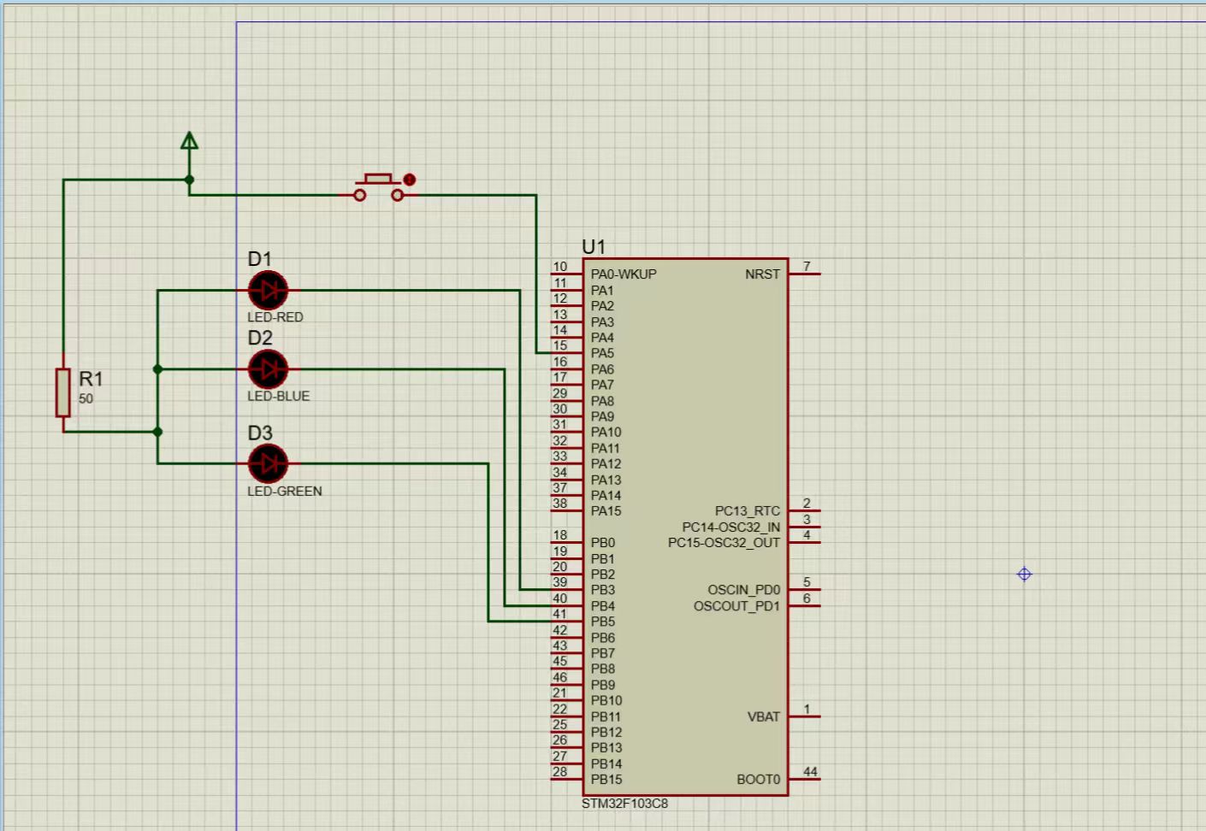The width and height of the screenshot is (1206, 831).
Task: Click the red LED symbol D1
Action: pyautogui.click(x=268, y=290)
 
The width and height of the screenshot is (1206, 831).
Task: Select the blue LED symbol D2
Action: pyautogui.click(x=268, y=369)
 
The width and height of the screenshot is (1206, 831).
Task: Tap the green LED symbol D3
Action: pyautogui.click(x=268, y=463)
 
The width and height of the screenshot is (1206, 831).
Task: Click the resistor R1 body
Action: pyautogui.click(x=63, y=393)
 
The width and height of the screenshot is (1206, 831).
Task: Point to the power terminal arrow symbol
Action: pyautogui.click(x=189, y=141)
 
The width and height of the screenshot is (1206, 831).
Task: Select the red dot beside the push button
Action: pyautogui.click(x=409, y=180)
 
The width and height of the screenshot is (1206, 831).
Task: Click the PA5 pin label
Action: pyautogui.click(x=602, y=354)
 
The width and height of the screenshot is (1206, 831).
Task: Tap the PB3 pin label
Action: pyautogui.click(x=602, y=590)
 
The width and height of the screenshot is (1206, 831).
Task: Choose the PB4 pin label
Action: pyautogui.click(x=602, y=606)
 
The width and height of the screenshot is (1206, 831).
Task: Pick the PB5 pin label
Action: pyautogui.click(x=602, y=622)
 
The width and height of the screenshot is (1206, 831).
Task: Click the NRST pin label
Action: pyautogui.click(x=762, y=274)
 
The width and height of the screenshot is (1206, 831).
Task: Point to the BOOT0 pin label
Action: pyautogui.click(x=758, y=780)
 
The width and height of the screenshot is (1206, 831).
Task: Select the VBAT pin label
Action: pyautogui.click(x=764, y=717)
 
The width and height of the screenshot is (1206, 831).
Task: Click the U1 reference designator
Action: pyautogui.click(x=594, y=247)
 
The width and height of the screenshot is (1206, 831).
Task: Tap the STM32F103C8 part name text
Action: pyautogui.click(x=624, y=804)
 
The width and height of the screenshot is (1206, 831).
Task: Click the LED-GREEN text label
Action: pyautogui.click(x=284, y=492)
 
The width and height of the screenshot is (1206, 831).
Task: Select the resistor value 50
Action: pyautogui.click(x=86, y=398)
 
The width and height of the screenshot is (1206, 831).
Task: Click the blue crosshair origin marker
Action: pyautogui.click(x=1024, y=575)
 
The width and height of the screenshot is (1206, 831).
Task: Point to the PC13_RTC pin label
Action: pyautogui.click(x=748, y=510)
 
